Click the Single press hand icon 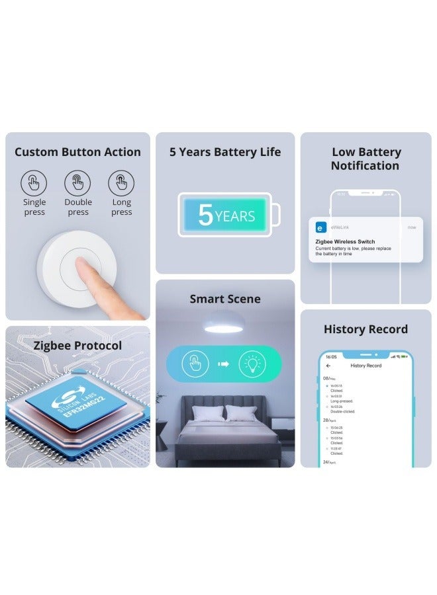tap(34, 183)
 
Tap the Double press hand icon tap(77, 183)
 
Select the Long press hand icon tap(122, 183)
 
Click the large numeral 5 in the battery tap(205, 216)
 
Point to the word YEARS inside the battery tap(235, 216)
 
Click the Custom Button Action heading tap(77, 152)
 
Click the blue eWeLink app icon tap(320, 227)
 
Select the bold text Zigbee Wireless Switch tap(345, 242)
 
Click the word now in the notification tap(412, 227)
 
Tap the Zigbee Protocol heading tap(78, 346)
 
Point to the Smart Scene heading tap(225, 299)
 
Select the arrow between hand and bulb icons tap(224, 364)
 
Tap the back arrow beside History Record tap(328, 366)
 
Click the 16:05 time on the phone tap(331, 357)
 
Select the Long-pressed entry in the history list tap(342, 401)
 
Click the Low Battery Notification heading tap(365, 159)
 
